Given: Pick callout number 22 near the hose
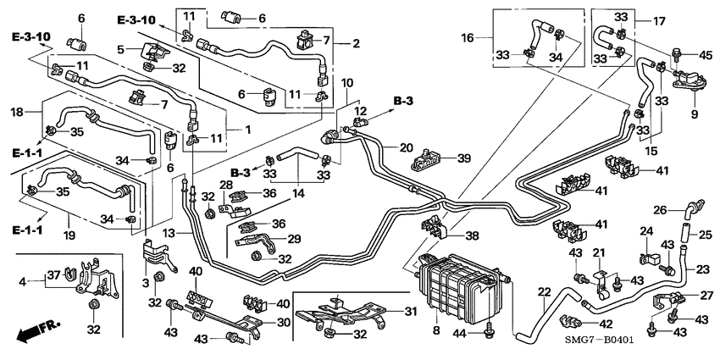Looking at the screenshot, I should (x=541, y=293).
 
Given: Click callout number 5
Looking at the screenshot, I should (x=121, y=48).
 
